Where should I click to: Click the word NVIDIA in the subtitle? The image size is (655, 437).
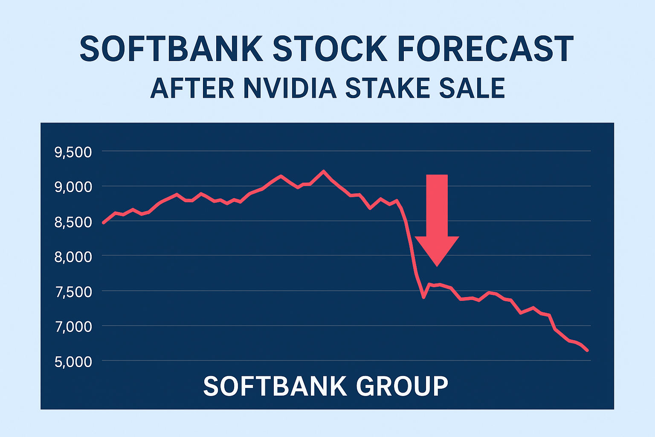click(290, 88)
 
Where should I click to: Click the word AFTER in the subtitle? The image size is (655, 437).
click(192, 88)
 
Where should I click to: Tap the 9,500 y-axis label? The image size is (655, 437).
click(73, 152)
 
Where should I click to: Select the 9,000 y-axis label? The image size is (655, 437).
click(73, 187)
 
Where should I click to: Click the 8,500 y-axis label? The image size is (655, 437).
click(73, 222)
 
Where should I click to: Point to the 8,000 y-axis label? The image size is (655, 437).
click(73, 257)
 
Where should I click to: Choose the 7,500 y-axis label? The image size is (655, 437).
click(73, 292)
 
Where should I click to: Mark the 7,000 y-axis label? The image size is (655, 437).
click(73, 327)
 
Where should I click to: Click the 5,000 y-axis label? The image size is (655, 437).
click(73, 362)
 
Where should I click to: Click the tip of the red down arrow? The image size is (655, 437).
click(437, 265)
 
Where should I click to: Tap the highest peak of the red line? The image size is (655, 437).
click(323, 171)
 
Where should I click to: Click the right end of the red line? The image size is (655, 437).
click(588, 350)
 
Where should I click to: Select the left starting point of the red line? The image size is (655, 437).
click(104, 223)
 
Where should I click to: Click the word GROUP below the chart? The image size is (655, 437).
click(402, 386)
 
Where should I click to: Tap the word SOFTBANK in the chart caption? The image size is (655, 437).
click(275, 386)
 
